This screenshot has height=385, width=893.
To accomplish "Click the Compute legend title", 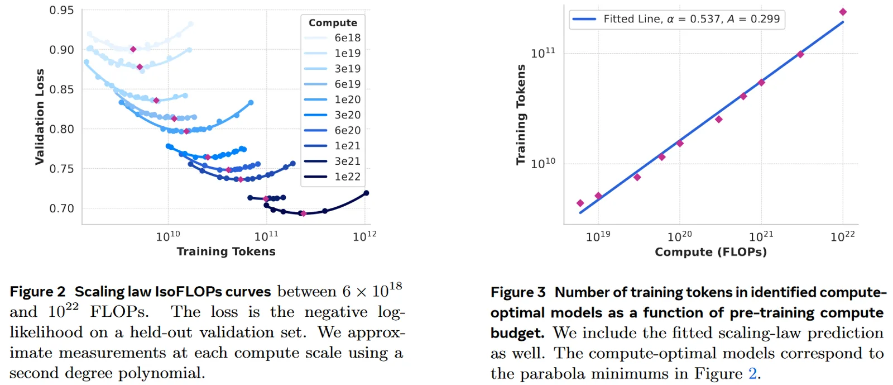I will (x=333, y=23).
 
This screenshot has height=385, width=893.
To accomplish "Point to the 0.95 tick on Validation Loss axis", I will (x=61, y=11).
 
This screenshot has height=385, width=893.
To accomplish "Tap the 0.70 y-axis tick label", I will (x=61, y=208).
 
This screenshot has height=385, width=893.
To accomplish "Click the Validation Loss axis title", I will (x=39, y=117).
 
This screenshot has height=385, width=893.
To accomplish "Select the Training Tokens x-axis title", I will (x=226, y=251).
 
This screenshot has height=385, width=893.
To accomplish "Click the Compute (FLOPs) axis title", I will (x=710, y=252).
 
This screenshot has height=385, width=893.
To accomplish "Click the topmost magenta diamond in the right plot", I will (x=843, y=12).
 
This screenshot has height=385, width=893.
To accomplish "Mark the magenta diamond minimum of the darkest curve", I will (x=303, y=213).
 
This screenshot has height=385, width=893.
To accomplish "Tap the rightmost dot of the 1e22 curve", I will (x=366, y=193).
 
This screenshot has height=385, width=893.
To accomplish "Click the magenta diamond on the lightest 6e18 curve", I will (x=133, y=49).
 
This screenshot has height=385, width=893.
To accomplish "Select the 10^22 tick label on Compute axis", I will (x=842, y=236).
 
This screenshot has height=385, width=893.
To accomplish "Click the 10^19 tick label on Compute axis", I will (x=598, y=236).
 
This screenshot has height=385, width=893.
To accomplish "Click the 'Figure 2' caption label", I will (x=37, y=292).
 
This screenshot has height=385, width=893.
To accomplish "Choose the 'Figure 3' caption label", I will (x=518, y=292).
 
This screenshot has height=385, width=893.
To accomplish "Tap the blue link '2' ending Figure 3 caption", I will (x=753, y=373).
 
